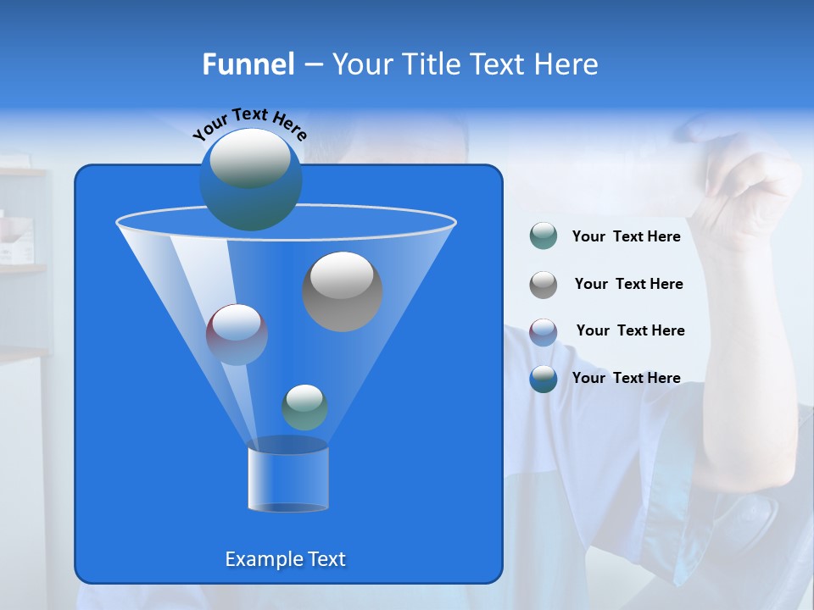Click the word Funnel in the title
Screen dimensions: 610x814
[x=248, y=64]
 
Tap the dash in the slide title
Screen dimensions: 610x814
[x=313, y=64]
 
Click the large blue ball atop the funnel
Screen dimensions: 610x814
[x=250, y=179]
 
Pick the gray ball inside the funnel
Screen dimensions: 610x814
[x=343, y=291]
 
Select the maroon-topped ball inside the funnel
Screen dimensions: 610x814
[x=237, y=335]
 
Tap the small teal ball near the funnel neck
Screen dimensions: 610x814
[x=304, y=408]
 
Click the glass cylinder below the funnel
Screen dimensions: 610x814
[x=288, y=474]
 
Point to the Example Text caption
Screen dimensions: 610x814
[x=285, y=559]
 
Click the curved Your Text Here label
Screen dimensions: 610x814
[x=250, y=122]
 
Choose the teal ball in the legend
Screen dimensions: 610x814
[x=544, y=236]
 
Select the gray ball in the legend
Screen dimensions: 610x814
[x=544, y=285]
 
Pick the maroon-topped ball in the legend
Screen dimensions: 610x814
[x=544, y=332]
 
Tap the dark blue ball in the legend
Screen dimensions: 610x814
[x=544, y=379]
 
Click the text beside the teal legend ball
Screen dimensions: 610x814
[x=626, y=237]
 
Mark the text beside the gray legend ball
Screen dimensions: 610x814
[x=628, y=285]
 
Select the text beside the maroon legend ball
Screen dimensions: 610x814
[x=630, y=331]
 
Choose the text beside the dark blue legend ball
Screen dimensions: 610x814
[x=626, y=378]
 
